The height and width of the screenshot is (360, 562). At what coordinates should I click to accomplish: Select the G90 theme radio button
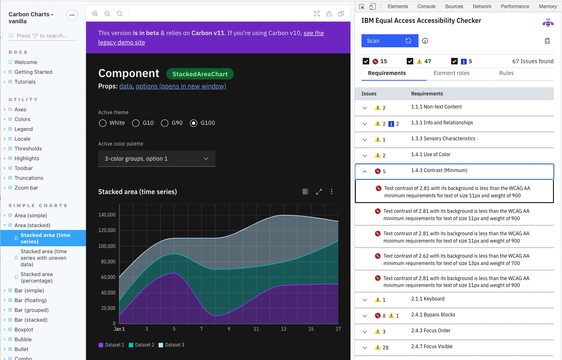coord(165,123)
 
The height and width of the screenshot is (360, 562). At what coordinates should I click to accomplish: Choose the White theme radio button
coord(103,123)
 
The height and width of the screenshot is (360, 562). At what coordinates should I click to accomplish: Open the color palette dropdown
coord(156,159)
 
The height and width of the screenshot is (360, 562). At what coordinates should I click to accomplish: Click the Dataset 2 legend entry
coord(141,345)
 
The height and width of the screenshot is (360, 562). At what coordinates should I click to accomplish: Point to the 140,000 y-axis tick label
coord(107,215)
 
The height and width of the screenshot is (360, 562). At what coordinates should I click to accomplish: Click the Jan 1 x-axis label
coord(119,329)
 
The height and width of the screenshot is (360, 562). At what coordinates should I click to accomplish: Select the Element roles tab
coord(451,73)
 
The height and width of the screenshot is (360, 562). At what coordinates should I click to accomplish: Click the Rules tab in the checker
coord(506,73)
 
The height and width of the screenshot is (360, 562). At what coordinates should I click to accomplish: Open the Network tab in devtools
coord(482,7)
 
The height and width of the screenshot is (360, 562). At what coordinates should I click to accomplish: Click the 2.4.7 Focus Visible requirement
coord(432,347)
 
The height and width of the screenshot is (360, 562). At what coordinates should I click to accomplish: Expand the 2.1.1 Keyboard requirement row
coord(365,300)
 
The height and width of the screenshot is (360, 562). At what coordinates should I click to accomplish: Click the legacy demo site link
coord(121,42)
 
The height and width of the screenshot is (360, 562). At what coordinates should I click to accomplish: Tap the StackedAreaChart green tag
coord(200,74)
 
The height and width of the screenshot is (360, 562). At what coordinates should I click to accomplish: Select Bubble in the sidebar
coord(23,339)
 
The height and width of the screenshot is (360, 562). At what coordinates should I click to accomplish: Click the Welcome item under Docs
coord(26,62)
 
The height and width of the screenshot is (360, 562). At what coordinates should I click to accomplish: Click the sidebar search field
coord(45,36)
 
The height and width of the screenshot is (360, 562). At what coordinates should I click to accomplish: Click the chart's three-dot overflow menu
coord(332,192)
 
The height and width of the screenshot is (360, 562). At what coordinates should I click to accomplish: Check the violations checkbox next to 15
coord(366,61)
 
